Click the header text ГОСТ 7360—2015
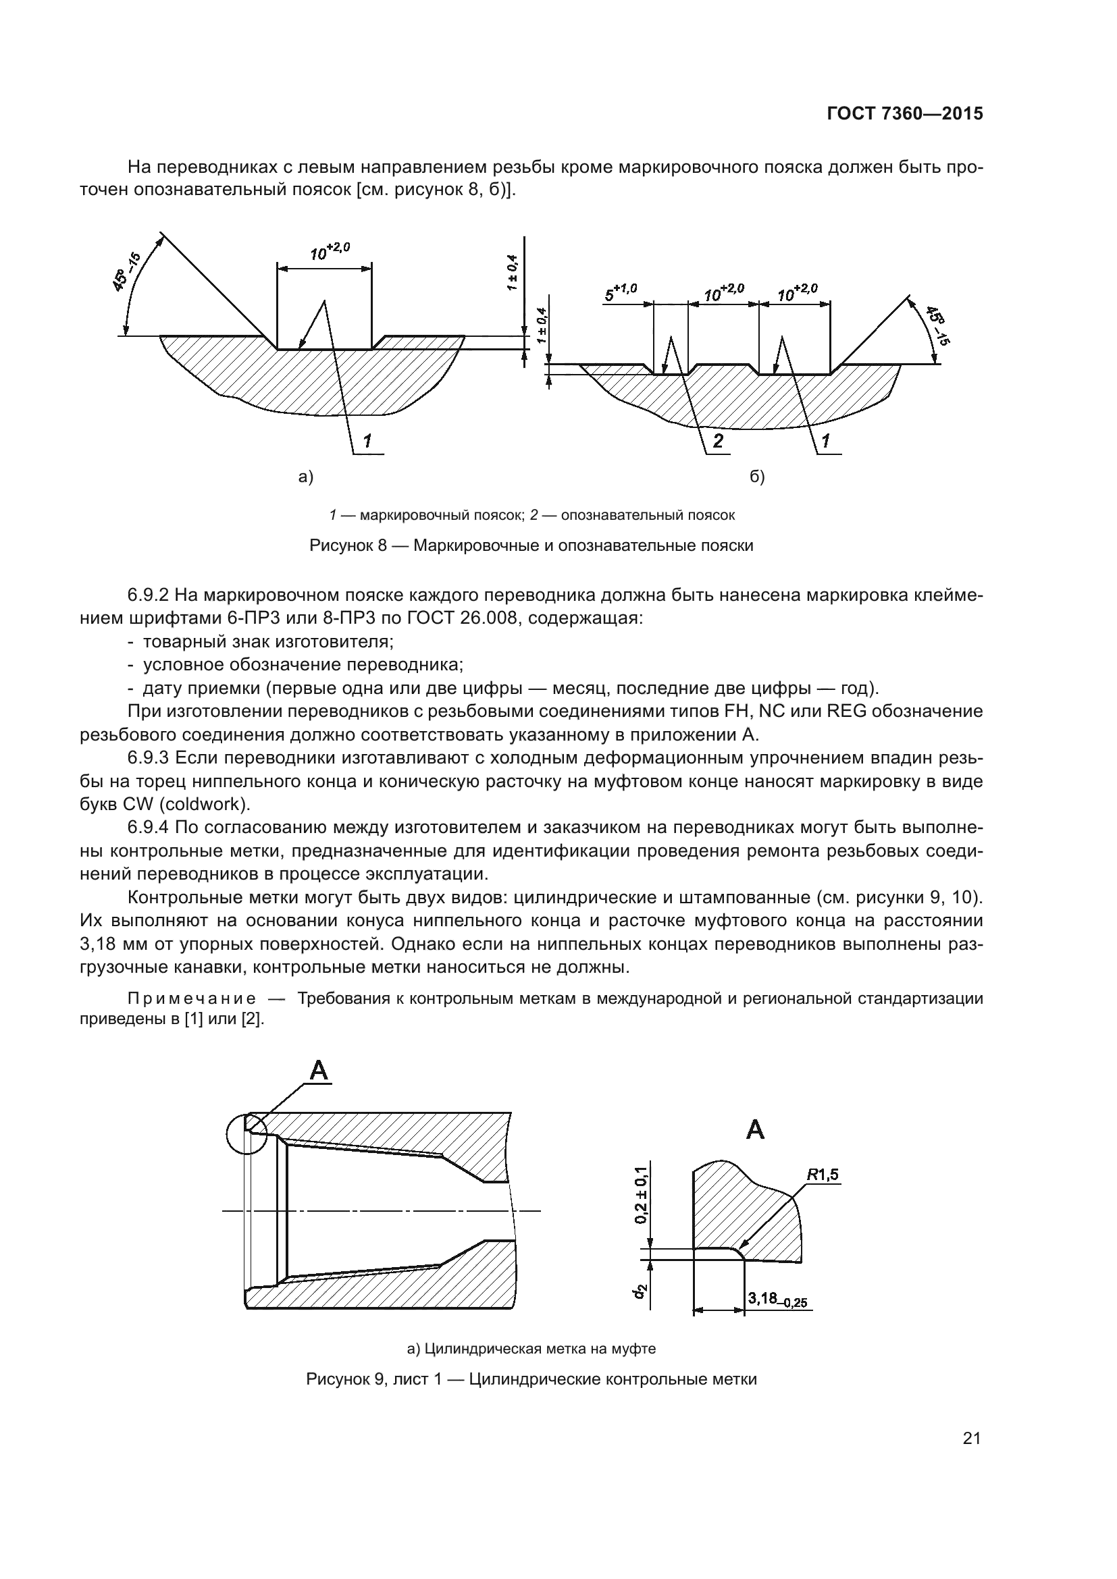(904, 114)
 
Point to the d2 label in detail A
(640, 1292)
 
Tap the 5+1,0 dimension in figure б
(621, 292)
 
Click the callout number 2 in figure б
(718, 441)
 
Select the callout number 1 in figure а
(368, 441)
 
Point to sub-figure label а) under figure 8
(305, 477)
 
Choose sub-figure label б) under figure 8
(756, 477)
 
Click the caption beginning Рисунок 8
(531, 545)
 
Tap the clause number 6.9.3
(148, 758)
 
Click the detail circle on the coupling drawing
(246, 1133)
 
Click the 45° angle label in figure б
(935, 325)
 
